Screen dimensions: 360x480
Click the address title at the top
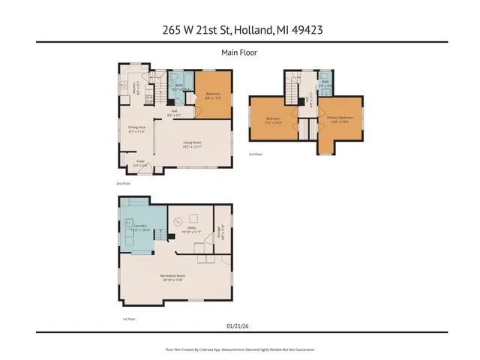point(239,30)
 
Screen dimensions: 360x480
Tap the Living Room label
point(193,144)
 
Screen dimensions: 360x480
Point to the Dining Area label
point(136,129)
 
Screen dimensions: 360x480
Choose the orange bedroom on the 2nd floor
point(213,94)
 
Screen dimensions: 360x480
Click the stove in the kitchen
point(148,98)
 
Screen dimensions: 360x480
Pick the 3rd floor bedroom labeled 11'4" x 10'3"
point(274,121)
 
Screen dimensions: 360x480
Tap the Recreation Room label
point(172,277)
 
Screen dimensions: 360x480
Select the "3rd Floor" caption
point(256,154)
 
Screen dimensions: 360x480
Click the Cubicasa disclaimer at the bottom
point(239,349)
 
